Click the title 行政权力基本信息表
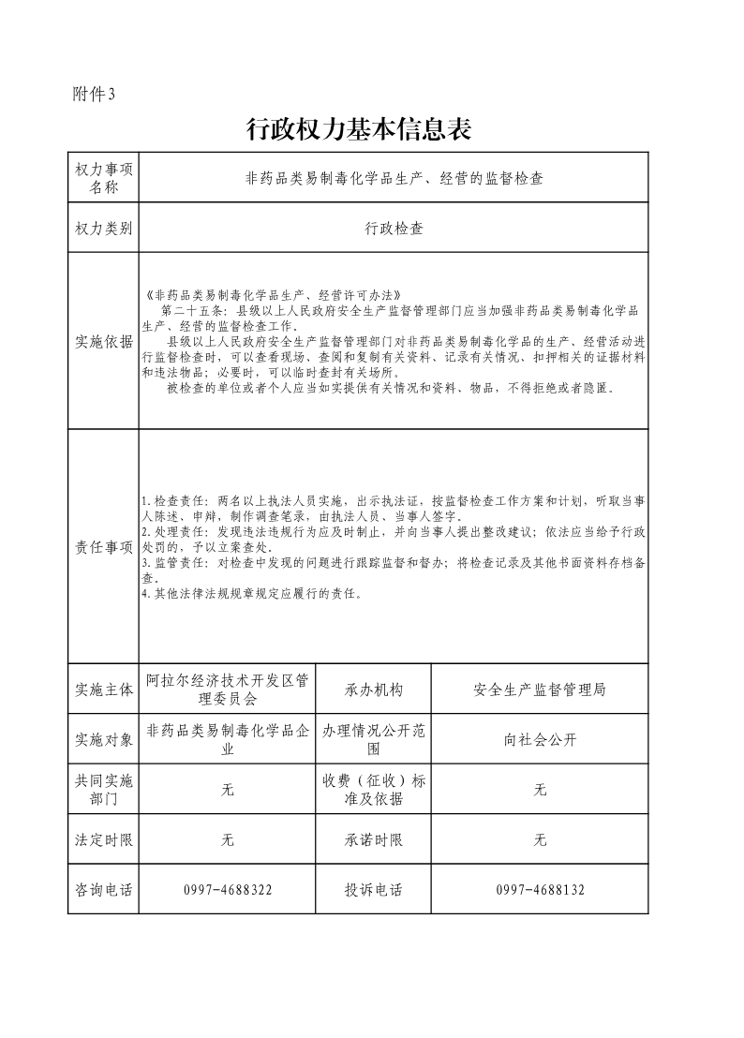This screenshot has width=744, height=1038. [x=358, y=129]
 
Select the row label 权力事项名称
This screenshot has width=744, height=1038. [x=104, y=178]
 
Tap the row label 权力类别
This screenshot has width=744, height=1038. [x=104, y=228]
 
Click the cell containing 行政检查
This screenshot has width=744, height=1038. [x=394, y=228]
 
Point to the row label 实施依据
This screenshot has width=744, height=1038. [x=104, y=342]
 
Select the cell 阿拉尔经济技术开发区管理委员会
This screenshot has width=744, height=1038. [x=228, y=690]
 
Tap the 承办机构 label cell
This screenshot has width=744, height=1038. [x=374, y=690]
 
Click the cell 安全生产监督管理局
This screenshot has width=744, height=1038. [x=540, y=690]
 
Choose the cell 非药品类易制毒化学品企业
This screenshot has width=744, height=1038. [x=228, y=739]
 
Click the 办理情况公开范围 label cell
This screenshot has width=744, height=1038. [x=374, y=739]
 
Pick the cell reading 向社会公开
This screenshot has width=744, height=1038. [x=540, y=739]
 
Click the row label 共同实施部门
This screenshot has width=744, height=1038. [x=104, y=790]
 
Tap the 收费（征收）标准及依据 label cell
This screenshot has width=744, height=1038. [x=374, y=790]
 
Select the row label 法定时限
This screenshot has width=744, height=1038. [x=104, y=840]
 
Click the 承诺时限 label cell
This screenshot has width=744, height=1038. [x=374, y=840]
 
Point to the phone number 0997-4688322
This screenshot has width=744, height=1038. [x=228, y=890]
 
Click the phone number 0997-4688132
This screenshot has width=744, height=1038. [x=540, y=890]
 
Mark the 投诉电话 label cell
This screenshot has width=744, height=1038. [x=374, y=890]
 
